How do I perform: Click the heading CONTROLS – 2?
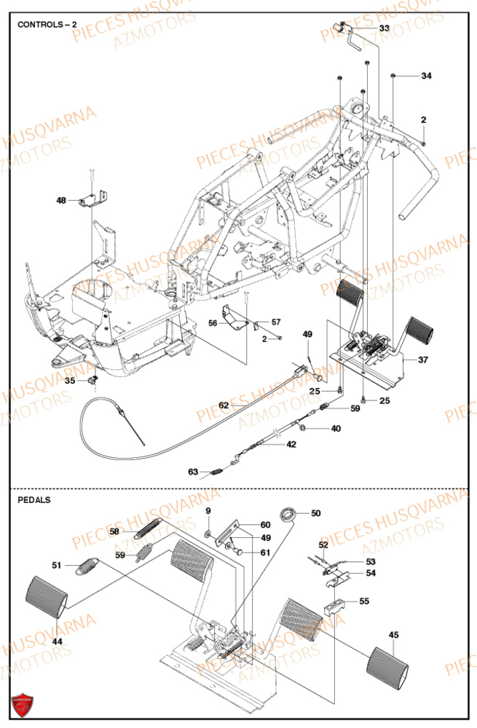pos(47,24)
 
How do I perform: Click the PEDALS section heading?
pos(34,500)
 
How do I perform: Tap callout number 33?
pos(384,28)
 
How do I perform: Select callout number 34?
pos(426,76)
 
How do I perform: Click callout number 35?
pos(70,380)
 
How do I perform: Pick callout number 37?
pos(423,360)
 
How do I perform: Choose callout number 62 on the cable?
pos(224,405)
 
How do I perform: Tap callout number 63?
pos(193,472)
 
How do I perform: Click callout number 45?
pos(394,635)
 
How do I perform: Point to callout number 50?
pos(315,513)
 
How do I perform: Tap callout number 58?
pos(114,532)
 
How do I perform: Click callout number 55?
pos(364,601)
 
